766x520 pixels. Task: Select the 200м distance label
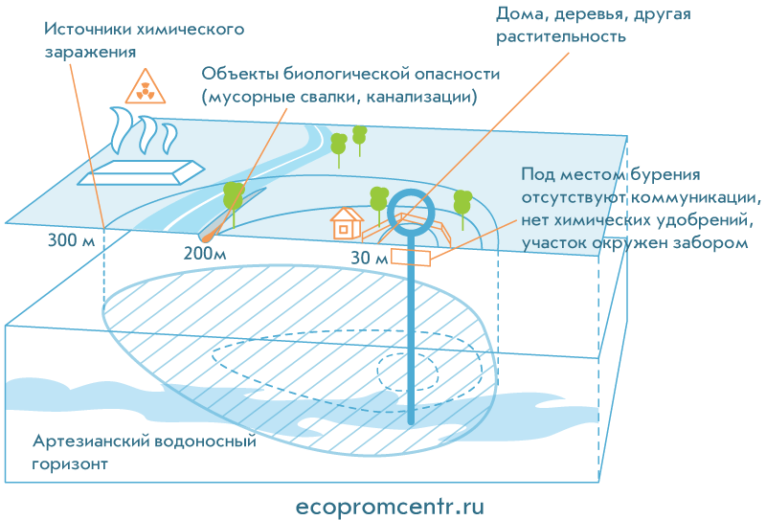(204, 254)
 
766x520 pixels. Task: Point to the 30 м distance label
(369, 257)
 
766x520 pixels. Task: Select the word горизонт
(70, 464)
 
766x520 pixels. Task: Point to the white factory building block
(142, 172)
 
